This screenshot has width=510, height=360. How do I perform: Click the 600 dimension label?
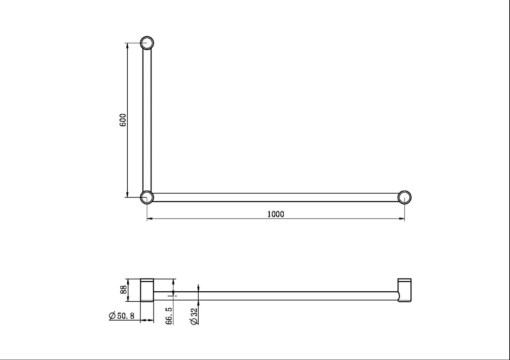click(122, 120)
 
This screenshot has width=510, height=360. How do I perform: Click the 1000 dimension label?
click(275, 214)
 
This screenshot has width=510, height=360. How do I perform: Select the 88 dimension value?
click(123, 290)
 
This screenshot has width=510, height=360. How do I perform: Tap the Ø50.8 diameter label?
click(122, 316)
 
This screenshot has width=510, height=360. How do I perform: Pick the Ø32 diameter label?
click(194, 316)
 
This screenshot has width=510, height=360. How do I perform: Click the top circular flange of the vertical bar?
click(147, 43)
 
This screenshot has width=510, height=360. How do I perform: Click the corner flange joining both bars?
click(147, 197)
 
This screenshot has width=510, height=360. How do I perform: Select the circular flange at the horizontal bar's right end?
click(404, 197)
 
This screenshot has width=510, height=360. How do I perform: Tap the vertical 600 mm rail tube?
click(147, 120)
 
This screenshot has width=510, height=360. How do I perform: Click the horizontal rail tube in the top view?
click(275, 197)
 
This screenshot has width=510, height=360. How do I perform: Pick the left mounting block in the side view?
click(147, 290)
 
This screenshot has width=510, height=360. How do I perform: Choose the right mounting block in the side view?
click(404, 290)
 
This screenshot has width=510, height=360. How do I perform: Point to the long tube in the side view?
click(275, 296)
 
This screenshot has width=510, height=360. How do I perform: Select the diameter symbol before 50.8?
click(113, 316)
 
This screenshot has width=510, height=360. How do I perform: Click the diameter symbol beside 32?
click(194, 321)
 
